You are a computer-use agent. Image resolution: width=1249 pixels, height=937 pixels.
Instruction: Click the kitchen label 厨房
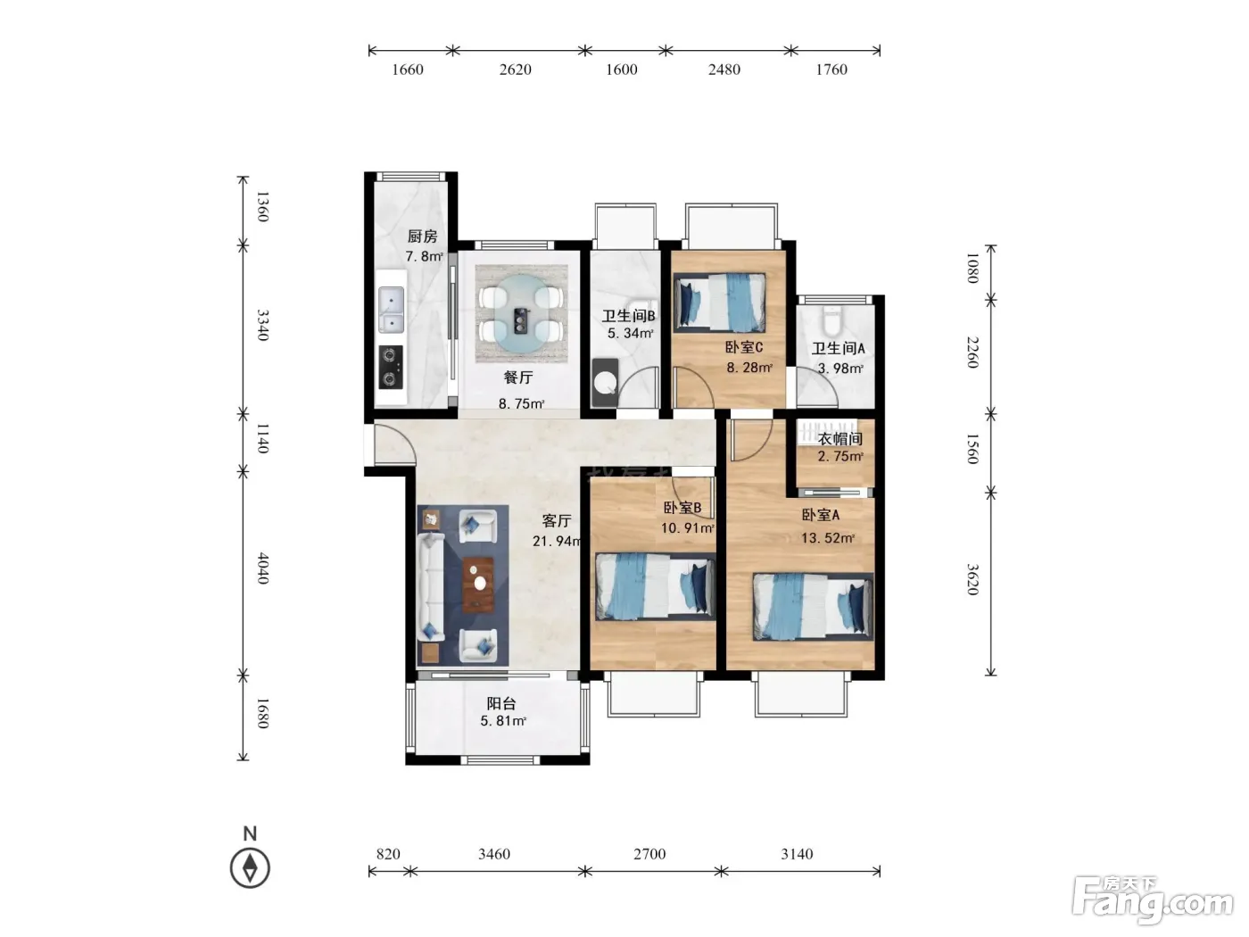pyautogui.click(x=422, y=236)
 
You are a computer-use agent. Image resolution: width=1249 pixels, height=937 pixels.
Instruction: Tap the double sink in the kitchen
pyautogui.click(x=392, y=310)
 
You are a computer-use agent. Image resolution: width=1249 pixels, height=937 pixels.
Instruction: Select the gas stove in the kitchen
pyautogui.click(x=391, y=368)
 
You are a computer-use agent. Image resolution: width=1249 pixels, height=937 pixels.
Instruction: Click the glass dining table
pyautogui.click(x=522, y=313)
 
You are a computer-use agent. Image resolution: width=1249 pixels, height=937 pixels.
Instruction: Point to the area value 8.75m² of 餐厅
pyautogui.click(x=521, y=403)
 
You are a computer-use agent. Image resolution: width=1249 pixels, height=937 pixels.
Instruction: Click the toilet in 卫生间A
pyautogui.click(x=831, y=321)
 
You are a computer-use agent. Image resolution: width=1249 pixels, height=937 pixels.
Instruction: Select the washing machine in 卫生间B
pyautogui.click(x=605, y=382)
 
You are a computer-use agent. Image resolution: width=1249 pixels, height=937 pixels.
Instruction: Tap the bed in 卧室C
pyautogui.click(x=720, y=303)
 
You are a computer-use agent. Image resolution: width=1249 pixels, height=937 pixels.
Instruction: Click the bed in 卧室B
pyautogui.click(x=655, y=586)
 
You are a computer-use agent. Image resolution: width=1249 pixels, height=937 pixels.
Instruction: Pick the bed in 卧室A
pyautogui.click(x=813, y=607)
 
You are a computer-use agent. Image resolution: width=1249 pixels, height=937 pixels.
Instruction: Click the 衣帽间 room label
pyautogui.click(x=840, y=439)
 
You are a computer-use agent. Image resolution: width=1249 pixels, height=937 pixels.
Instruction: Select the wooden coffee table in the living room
pyautogui.click(x=478, y=585)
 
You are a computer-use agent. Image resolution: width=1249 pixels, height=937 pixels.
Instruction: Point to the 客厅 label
pyautogui.click(x=557, y=520)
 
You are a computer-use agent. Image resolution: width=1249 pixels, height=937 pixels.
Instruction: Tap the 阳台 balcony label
pyautogui.click(x=501, y=703)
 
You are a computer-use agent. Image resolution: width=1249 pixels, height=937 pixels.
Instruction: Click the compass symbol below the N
pyautogui.click(x=250, y=868)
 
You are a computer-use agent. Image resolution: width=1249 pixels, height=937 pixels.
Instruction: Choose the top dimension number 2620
pyautogui.click(x=515, y=70)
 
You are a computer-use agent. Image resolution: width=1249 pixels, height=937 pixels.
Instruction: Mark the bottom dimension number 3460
pyautogui.click(x=494, y=854)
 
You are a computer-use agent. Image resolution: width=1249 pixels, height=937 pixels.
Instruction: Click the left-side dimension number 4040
pyautogui.click(x=262, y=568)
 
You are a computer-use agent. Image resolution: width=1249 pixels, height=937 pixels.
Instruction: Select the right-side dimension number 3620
pyautogui.click(x=972, y=579)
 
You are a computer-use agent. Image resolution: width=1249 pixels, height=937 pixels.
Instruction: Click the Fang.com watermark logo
pyautogui.click(x=1153, y=900)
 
